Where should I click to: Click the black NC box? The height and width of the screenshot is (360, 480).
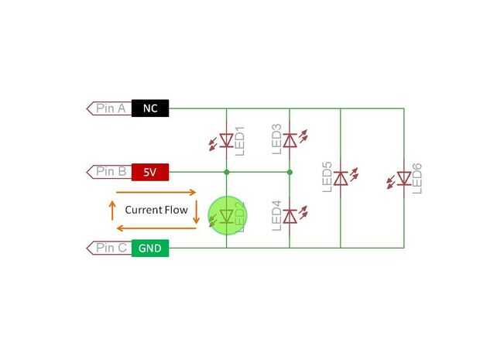tap(150, 108)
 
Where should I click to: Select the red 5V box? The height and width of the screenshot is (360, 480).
tap(150, 171)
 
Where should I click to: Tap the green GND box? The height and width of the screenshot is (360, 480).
tap(150, 248)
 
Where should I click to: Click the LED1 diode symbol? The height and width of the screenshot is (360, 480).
tap(226, 141)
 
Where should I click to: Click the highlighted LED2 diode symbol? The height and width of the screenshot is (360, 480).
tap(226, 216)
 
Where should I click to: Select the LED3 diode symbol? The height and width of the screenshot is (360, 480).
tap(290, 140)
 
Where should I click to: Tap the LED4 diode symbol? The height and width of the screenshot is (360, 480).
tap(290, 216)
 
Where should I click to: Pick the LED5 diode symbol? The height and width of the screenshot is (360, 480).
tap(341, 179)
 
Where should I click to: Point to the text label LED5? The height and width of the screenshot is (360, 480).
tap(327, 177)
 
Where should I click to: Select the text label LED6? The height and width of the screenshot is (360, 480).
tap(417, 179)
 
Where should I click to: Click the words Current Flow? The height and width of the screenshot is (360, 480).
tap(156, 210)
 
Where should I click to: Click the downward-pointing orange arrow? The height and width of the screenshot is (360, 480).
tap(196, 210)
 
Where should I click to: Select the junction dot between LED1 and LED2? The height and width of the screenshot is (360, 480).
tap(226, 171)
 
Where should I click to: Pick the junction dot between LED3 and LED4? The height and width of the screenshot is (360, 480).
tap(290, 171)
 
